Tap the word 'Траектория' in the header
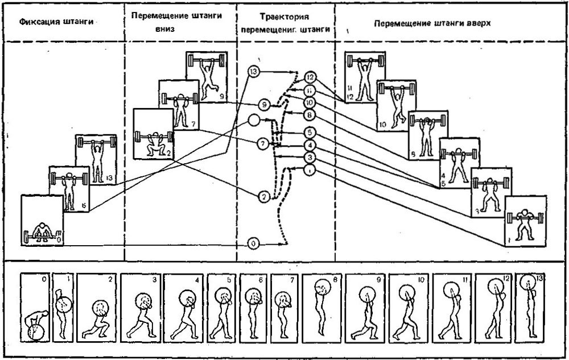tap(285, 18)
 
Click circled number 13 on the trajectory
tap(254, 72)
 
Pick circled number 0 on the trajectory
tap(254, 244)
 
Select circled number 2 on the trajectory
tap(263, 197)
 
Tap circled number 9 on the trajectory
tap(263, 105)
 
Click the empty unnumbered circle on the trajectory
tap(254, 121)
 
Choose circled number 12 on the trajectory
tap(310, 77)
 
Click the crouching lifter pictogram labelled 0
tap(42, 221)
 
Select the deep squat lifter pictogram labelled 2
tap(152, 134)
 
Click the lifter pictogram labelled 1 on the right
tap(526, 220)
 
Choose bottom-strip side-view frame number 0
tap(35, 307)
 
